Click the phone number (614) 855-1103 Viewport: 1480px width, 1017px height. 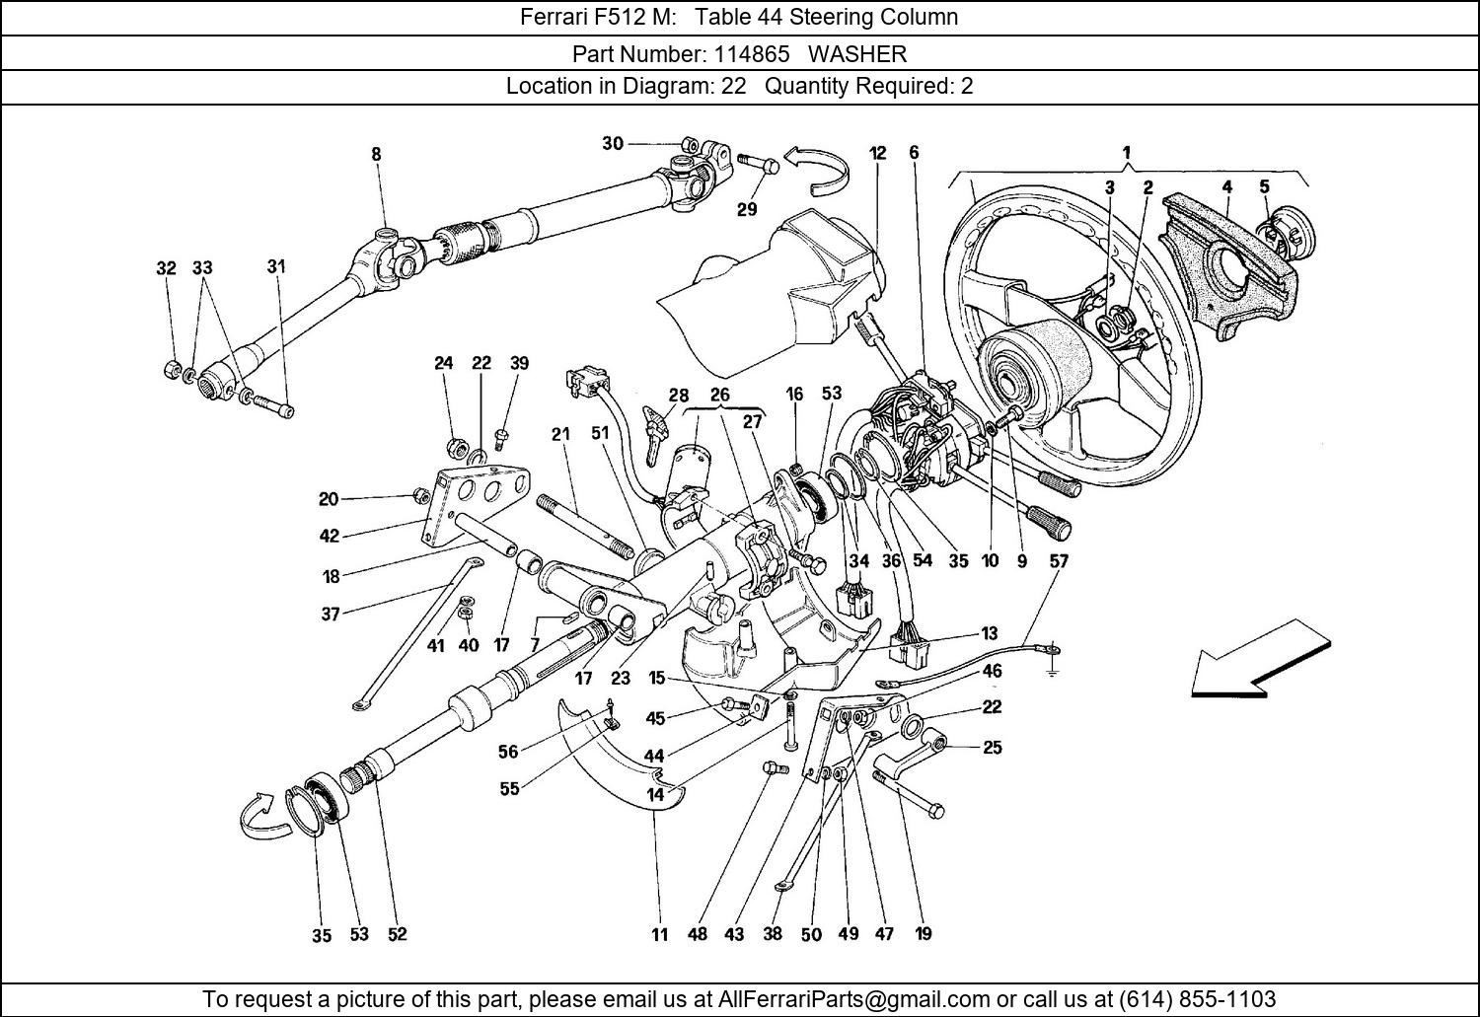point(1194,998)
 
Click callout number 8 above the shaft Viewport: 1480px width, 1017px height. point(376,154)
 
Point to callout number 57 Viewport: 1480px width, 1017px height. point(1058,560)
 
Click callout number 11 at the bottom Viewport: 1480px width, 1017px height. point(659,934)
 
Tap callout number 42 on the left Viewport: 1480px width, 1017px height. point(329,536)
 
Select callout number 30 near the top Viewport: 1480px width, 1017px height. point(613,144)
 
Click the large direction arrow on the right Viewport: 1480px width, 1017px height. point(1263,659)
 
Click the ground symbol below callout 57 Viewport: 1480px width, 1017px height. point(1054,672)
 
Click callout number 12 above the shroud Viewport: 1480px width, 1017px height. point(877,153)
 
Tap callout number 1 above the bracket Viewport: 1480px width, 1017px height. point(1126,153)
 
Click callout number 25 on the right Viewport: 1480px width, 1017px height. point(992,747)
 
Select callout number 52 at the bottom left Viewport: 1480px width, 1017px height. point(397,934)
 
